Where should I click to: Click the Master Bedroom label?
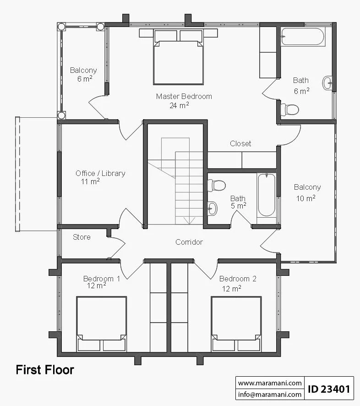coord(184,96)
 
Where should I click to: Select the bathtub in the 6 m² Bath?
coord(303,37)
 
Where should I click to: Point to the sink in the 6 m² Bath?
coord(327,83)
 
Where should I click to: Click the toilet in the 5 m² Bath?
coord(217,185)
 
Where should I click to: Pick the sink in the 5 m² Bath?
coord(213,208)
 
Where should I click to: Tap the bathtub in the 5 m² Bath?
coord(267,195)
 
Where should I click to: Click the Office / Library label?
coord(100,173)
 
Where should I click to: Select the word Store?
coord(82,237)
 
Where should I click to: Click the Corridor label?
coord(189,242)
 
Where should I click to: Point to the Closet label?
coord(240,143)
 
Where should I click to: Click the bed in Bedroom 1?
coord(102,324)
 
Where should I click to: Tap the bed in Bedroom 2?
coord(236,324)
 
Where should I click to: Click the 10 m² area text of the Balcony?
coord(305,198)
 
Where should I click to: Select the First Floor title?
coord(45,370)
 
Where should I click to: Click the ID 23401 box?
coord(329,389)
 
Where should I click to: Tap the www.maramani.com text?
coord(270,383)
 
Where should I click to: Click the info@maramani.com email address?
coord(270,395)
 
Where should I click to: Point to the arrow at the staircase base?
coord(189,220)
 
